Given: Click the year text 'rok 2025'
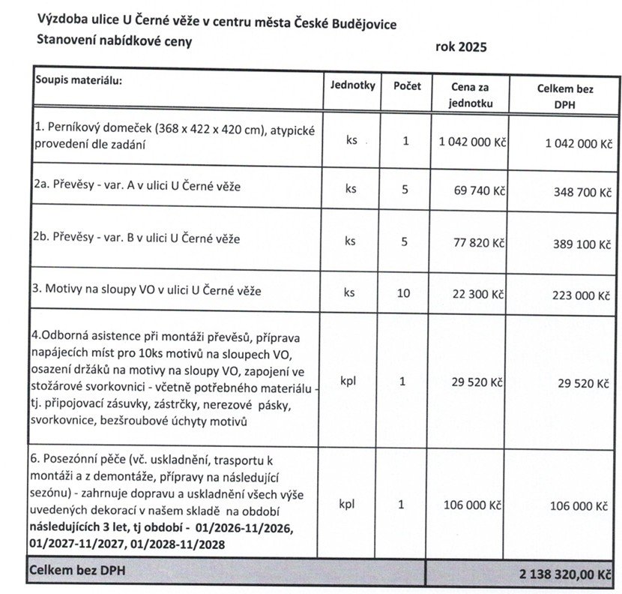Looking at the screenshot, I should [461, 47].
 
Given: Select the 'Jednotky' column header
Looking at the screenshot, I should [352, 85].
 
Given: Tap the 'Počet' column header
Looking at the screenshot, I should [407, 85].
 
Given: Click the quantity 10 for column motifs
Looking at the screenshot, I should [404, 292].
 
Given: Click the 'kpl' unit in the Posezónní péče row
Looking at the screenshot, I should [348, 504].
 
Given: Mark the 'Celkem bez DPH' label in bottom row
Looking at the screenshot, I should [76, 571].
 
